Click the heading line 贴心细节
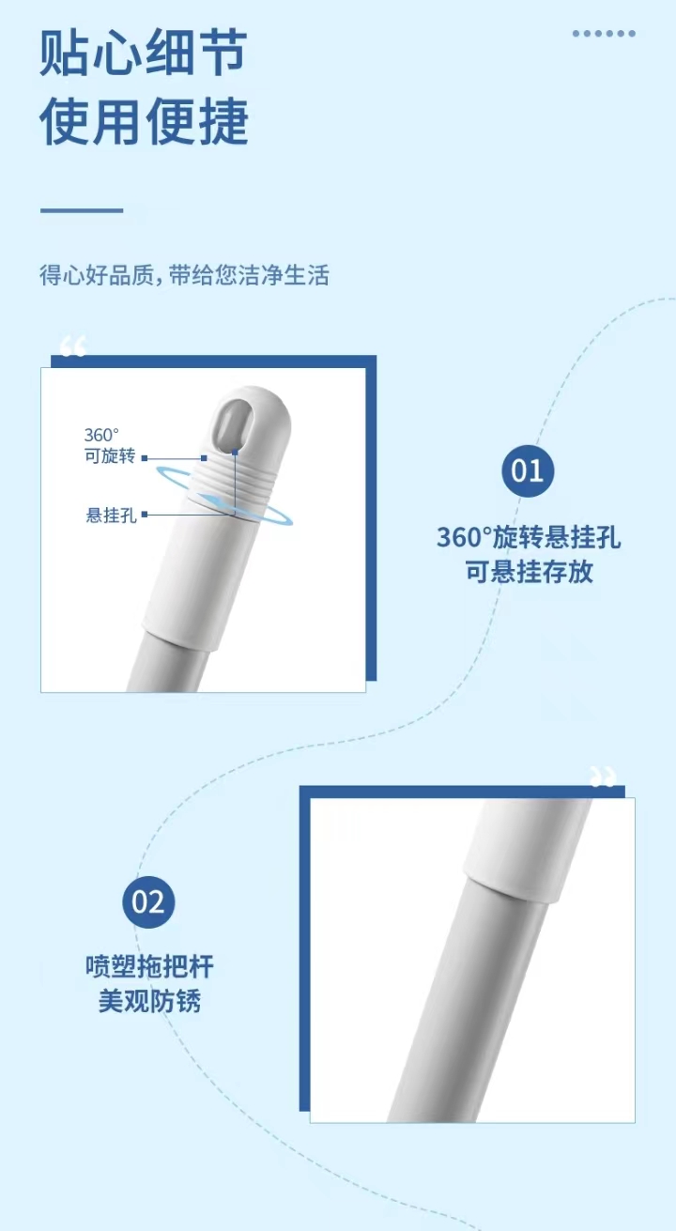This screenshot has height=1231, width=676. click(x=144, y=53)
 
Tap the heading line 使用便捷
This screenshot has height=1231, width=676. click(x=144, y=121)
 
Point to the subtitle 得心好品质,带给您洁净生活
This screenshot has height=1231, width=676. click(x=185, y=275)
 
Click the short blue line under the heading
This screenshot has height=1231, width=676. click(x=82, y=210)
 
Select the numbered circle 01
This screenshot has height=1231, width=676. click(x=528, y=471)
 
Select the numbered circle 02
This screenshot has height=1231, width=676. click(x=148, y=902)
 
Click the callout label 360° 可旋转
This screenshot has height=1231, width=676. click(x=109, y=446)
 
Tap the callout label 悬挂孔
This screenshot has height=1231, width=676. click(x=111, y=515)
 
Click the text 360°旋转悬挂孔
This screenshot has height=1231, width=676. click(x=529, y=537)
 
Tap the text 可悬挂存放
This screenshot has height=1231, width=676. click(x=530, y=572)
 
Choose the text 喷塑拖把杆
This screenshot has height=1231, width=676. click(x=149, y=966)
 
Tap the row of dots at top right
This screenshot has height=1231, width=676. click(x=604, y=34)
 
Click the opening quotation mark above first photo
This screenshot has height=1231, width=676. click(x=73, y=346)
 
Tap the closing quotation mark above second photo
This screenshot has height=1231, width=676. click(x=603, y=776)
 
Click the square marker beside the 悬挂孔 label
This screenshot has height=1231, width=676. click(x=145, y=515)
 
